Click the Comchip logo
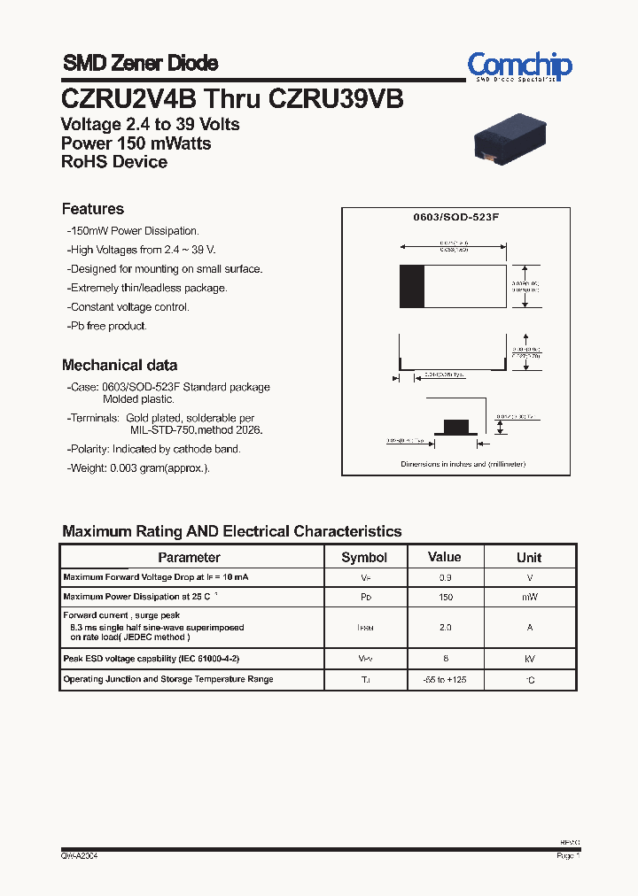click(519, 66)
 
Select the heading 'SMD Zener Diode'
click(140, 63)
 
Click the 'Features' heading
click(93, 209)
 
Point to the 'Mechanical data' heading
click(120, 365)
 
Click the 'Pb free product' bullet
click(107, 326)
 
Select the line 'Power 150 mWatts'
click(136, 143)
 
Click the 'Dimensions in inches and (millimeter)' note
click(463, 464)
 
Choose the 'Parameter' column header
click(189, 557)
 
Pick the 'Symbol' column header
click(364, 557)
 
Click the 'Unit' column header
click(529, 557)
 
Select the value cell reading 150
click(445, 598)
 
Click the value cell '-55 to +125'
click(445, 679)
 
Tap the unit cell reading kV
click(529, 659)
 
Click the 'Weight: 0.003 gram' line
click(138, 467)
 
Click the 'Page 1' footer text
click(567, 856)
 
